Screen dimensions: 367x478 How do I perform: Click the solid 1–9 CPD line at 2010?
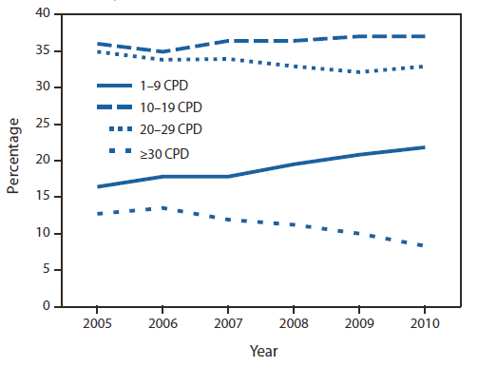pyautogui.click(x=422, y=147)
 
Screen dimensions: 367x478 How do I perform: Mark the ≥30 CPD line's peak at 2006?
pyautogui.click(x=163, y=207)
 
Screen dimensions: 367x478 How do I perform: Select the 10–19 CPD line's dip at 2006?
pyautogui.click(x=163, y=51)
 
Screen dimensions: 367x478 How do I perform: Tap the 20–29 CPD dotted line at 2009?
pyautogui.click(x=357, y=72)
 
